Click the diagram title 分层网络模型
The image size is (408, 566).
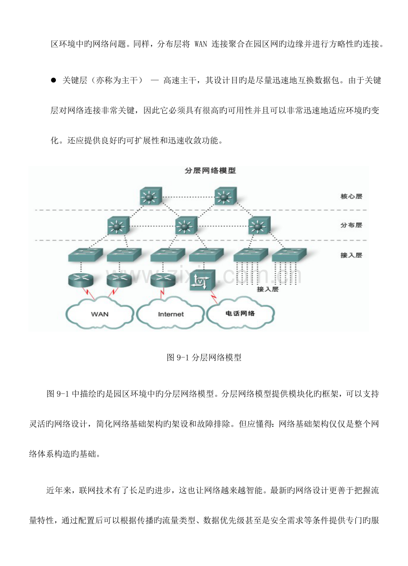tap(210, 171)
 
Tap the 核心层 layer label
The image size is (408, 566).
tap(351, 196)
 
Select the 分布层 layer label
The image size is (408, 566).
tap(351, 225)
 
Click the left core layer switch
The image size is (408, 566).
tap(151, 196)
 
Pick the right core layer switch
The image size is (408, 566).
tap(225, 196)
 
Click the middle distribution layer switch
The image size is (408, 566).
tap(186, 225)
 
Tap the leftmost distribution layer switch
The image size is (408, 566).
tap(118, 225)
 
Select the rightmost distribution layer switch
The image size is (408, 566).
tap(259, 225)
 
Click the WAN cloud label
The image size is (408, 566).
tap(100, 314)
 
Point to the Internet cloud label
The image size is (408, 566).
tap(171, 314)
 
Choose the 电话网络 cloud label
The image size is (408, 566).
tap(240, 314)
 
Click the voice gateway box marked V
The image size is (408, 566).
tap(202, 280)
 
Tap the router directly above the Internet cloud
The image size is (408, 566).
tap(163, 280)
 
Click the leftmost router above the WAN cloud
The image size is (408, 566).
tap(81, 280)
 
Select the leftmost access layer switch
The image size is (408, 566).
tap(86, 255)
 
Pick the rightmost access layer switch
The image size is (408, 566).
tap(289, 255)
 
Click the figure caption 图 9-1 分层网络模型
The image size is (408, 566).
tap(204, 357)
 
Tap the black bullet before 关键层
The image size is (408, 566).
tap(53, 80)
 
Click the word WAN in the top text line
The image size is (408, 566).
tap(201, 44)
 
